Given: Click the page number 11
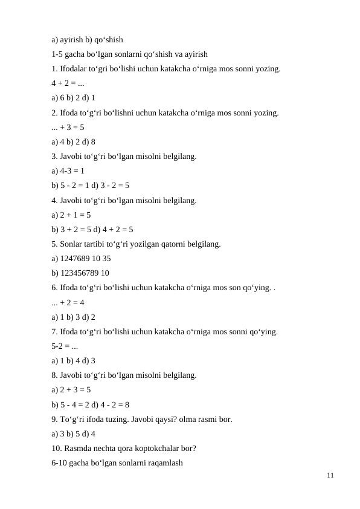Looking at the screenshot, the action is click(x=329, y=476).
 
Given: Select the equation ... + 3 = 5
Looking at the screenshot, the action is click(x=68, y=127).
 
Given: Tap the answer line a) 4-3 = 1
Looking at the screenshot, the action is click(x=68, y=171).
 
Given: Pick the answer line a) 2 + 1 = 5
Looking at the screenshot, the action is click(x=71, y=215).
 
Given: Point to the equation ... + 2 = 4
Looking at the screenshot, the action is click(x=68, y=302).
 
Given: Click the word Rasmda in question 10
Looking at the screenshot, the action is click(x=79, y=448).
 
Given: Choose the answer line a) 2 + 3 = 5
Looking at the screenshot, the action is click(x=71, y=390).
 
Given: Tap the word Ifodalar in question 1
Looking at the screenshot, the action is click(x=75, y=69).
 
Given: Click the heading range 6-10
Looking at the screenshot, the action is click(x=60, y=463).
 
